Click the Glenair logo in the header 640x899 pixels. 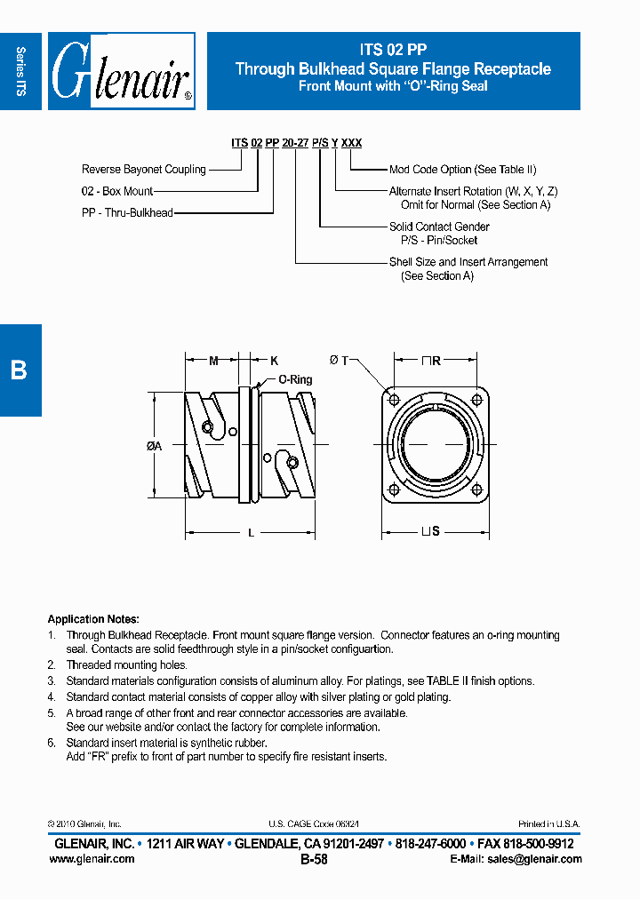click(x=122, y=72)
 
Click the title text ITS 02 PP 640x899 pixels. click(x=393, y=52)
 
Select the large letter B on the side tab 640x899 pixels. click(x=19, y=370)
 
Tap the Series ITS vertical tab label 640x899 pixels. click(x=21, y=71)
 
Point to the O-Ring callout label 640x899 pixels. click(x=295, y=379)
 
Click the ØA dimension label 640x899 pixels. click(x=153, y=447)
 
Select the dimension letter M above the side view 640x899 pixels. click(x=213, y=361)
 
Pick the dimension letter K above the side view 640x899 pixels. click(x=274, y=361)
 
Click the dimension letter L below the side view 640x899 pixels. click(x=251, y=532)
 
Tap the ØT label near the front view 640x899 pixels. click(x=338, y=361)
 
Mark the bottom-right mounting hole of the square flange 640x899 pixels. click(x=476, y=489)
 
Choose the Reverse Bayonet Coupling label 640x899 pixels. click(x=143, y=170)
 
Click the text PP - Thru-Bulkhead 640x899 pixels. click(x=127, y=213)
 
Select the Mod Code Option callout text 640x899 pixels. click(x=462, y=170)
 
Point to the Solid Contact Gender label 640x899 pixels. click(x=439, y=227)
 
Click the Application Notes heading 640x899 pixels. click(x=93, y=619)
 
